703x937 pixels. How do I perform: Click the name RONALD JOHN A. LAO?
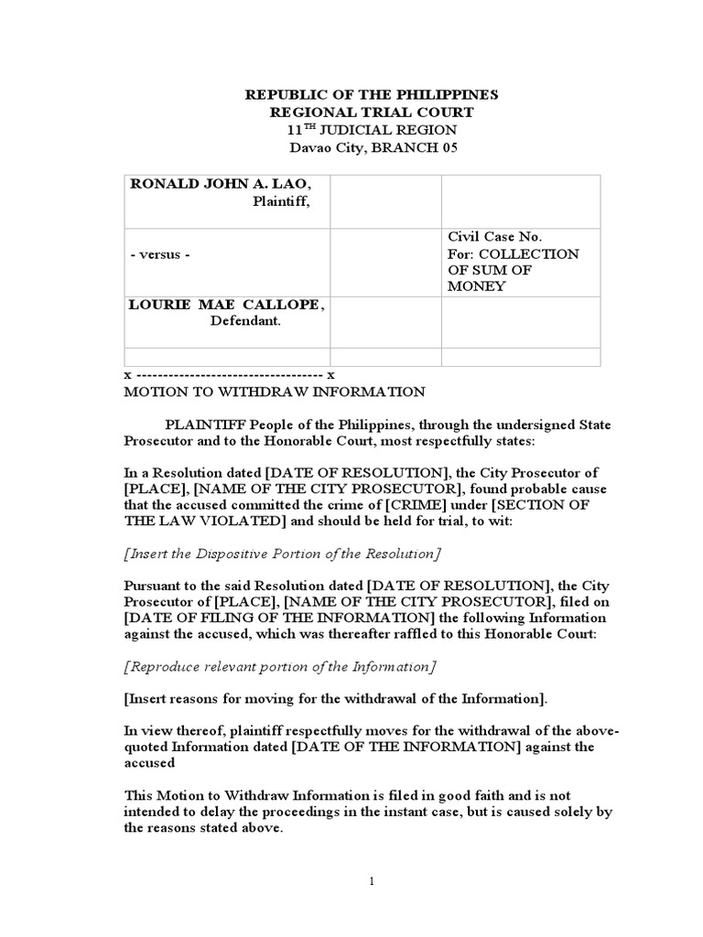[213, 184]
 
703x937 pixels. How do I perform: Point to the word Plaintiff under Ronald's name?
[281, 201]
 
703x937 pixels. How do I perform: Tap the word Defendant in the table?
[246, 321]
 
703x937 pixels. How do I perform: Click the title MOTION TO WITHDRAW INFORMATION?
[275, 392]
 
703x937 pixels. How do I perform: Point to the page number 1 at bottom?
[372, 880]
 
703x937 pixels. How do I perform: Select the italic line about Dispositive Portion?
[282, 554]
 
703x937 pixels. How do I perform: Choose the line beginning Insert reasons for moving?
[336, 698]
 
